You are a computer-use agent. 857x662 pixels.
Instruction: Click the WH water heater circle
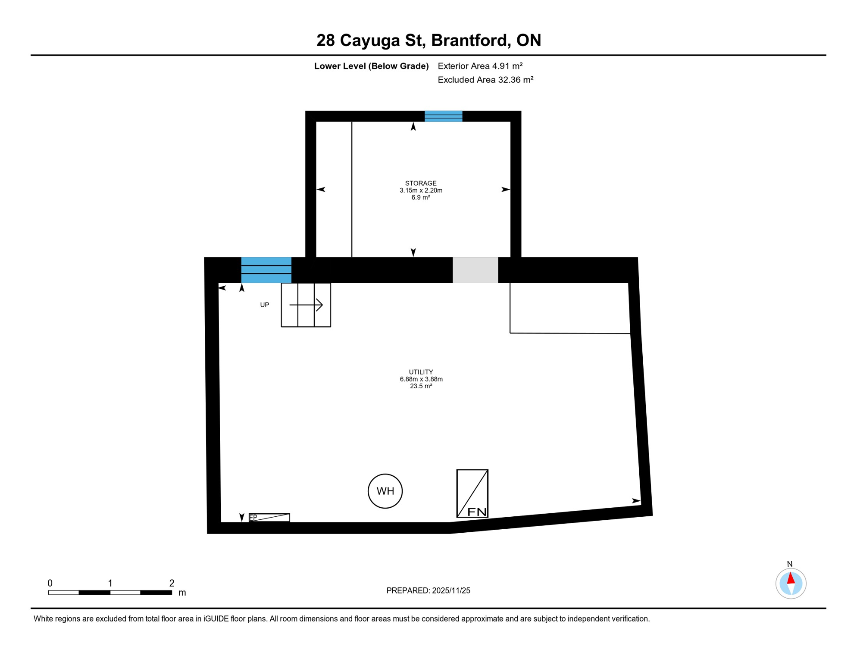[385, 491]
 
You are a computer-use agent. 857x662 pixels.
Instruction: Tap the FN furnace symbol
[472, 493]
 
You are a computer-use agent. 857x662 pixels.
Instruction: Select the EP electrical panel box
[269, 517]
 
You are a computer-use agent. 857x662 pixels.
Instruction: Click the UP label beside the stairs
[264, 305]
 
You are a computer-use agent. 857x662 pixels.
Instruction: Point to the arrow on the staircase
[306, 305]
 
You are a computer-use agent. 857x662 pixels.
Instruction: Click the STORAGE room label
[421, 183]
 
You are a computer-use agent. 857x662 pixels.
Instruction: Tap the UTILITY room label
[421, 372]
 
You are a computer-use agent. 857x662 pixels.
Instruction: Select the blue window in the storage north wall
[443, 116]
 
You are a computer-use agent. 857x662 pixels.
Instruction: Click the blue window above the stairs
[266, 270]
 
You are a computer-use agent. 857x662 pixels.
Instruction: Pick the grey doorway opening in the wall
[475, 270]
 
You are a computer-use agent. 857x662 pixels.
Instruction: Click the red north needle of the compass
[791, 578]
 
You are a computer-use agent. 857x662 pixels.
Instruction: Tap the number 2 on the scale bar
[172, 583]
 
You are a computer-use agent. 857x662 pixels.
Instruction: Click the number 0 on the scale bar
[50, 583]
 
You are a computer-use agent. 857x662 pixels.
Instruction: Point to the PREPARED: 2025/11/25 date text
[428, 590]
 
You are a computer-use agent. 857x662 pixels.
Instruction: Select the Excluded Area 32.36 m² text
[485, 80]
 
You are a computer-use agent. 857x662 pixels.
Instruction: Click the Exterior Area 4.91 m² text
[480, 66]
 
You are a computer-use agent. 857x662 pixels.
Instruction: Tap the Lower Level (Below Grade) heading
[371, 66]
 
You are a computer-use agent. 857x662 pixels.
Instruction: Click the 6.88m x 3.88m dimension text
[421, 379]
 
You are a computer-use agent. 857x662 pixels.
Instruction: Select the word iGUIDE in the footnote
[216, 619]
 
